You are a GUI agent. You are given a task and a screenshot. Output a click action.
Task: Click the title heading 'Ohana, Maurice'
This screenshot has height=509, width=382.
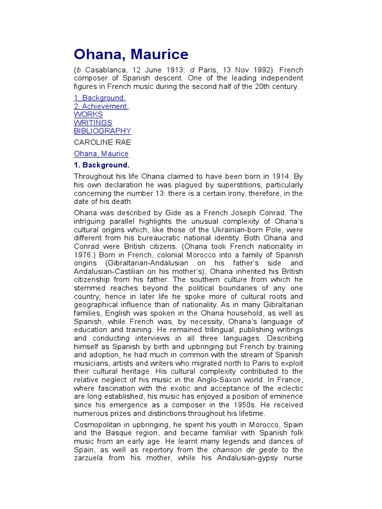pos(131,54)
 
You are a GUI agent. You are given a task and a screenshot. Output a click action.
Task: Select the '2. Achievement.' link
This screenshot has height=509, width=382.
pos(101,106)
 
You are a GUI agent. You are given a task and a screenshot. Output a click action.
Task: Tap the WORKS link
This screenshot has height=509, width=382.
pos(89,114)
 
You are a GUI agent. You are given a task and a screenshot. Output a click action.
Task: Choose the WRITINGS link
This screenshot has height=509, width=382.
pos(93,123)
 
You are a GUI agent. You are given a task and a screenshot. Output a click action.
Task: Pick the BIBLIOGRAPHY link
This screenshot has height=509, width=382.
pos(102,131)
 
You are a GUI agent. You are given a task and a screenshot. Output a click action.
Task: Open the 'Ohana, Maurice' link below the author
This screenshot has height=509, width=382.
pos(101,154)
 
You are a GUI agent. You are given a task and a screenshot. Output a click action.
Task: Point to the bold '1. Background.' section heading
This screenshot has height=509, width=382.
pos(101,165)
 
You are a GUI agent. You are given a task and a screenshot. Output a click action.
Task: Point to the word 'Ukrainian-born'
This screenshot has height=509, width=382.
pos(238,230)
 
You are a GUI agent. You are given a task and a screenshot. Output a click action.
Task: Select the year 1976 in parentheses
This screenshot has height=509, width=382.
pos(83,254)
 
